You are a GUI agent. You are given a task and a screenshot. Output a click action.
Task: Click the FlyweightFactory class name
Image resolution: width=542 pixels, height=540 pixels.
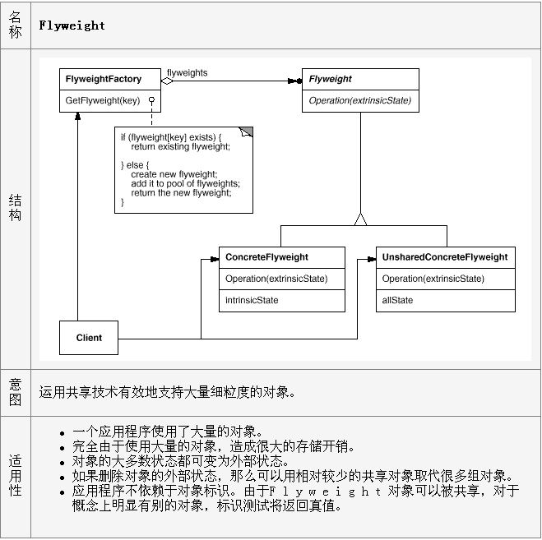pos(104,79)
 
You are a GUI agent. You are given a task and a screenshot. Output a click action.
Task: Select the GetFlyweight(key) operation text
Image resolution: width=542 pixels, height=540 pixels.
pos(102,100)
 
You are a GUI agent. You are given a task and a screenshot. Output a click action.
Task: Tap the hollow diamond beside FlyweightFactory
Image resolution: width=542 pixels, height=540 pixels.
pos(167,81)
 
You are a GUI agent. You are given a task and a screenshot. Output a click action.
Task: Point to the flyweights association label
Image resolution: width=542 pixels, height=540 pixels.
pos(187,73)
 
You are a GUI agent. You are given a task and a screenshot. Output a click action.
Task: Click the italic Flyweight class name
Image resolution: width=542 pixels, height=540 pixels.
pos(330,79)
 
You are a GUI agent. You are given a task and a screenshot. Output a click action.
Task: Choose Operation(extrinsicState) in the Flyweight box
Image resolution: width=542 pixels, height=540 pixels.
pos(360,100)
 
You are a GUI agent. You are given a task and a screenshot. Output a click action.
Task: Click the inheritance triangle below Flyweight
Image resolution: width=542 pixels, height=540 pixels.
pos(360,219)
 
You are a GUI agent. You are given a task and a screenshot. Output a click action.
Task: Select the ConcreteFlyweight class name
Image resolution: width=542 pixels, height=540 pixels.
pos(266,257)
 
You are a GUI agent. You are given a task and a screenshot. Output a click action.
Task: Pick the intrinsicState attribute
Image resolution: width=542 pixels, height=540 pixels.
pos(252,300)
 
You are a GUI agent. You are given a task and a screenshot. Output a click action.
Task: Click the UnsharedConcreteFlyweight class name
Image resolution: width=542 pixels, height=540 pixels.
pos(445,257)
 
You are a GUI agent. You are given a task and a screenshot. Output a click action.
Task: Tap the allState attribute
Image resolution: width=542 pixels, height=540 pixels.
pos(397,300)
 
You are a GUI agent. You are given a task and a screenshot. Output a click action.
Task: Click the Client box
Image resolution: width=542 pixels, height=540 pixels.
pos(89,338)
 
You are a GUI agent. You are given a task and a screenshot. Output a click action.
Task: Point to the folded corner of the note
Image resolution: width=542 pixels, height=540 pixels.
pos(247,132)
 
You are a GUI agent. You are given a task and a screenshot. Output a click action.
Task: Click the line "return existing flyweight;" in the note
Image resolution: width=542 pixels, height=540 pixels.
pos(180,147)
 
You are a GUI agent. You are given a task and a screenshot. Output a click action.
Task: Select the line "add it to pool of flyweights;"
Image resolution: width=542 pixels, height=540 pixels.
pos(185,183)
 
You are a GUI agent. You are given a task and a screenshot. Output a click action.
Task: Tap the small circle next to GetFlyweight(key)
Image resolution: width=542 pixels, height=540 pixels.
pos(151,99)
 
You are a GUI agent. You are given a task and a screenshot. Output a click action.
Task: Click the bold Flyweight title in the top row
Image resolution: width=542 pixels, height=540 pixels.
pos(72,25)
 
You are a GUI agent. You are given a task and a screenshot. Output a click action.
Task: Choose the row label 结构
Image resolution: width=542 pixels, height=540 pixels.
pos(15,207)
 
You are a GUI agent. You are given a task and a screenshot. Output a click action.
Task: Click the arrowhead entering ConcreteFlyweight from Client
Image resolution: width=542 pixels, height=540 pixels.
pos(215,259)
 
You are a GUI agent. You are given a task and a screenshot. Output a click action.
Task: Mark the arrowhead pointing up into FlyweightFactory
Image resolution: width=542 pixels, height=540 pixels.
pos(78,116)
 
